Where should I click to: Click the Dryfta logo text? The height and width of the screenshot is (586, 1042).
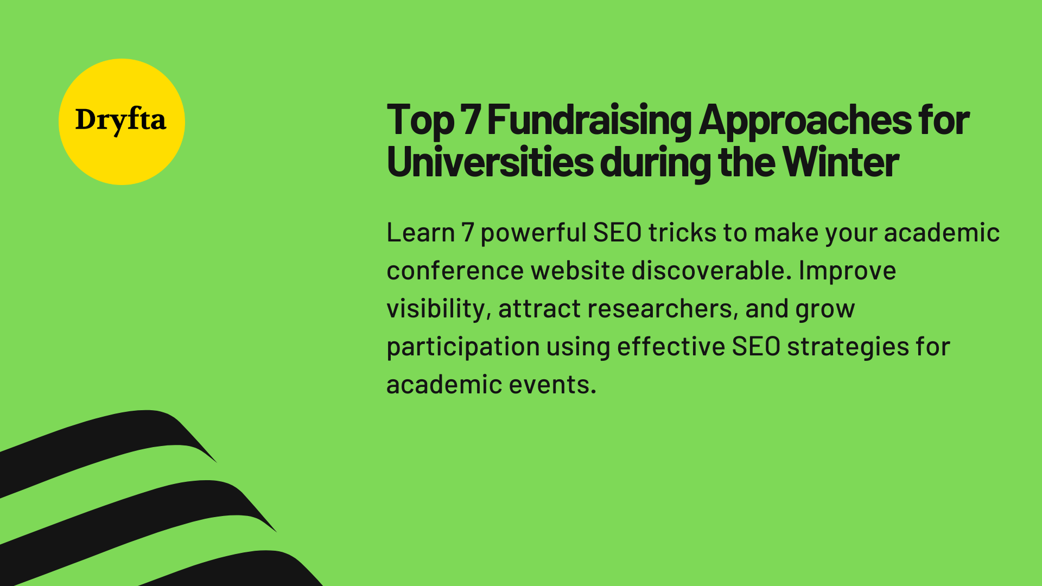pos(120,120)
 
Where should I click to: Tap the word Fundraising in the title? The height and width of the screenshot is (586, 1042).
pos(589,120)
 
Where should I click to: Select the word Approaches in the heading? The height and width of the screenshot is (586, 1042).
pos(805,120)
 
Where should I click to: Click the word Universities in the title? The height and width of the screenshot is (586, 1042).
pos(490,162)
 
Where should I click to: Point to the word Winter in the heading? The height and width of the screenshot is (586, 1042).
pos(841,162)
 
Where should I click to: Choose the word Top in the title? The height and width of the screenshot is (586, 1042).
pos(421,120)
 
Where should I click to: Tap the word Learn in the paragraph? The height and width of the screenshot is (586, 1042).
pos(421,233)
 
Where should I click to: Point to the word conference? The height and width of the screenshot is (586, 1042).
pos(455,271)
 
